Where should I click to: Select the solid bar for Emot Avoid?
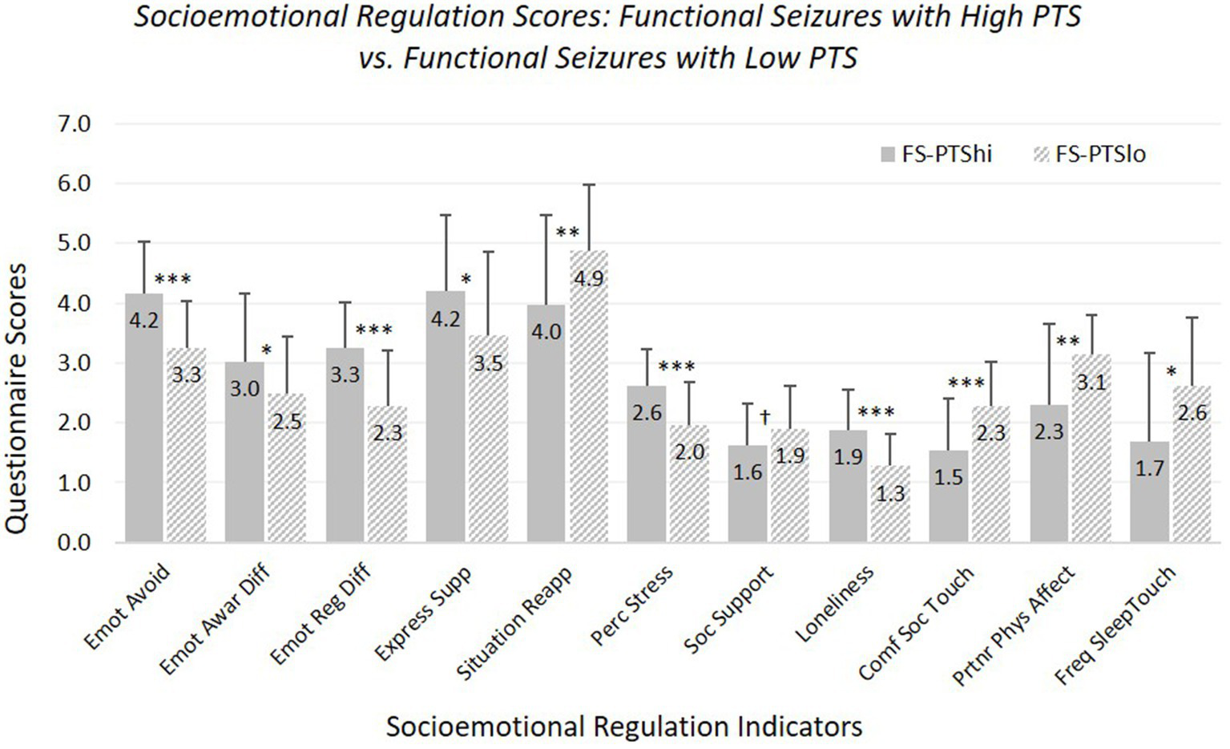tap(145, 417)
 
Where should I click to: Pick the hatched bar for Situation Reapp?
tap(589, 397)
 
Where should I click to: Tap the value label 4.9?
tap(589, 278)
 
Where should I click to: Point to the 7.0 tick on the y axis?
tap(74, 124)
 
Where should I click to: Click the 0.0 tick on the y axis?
tap(74, 543)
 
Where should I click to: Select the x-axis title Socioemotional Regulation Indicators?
tap(623, 727)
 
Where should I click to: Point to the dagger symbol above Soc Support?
tap(765, 416)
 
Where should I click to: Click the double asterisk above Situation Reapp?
tap(567, 233)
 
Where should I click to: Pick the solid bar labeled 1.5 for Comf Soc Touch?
tap(949, 496)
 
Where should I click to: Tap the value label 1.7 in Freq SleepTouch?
tap(1150, 468)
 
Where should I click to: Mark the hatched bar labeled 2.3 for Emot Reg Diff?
tap(388, 474)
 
